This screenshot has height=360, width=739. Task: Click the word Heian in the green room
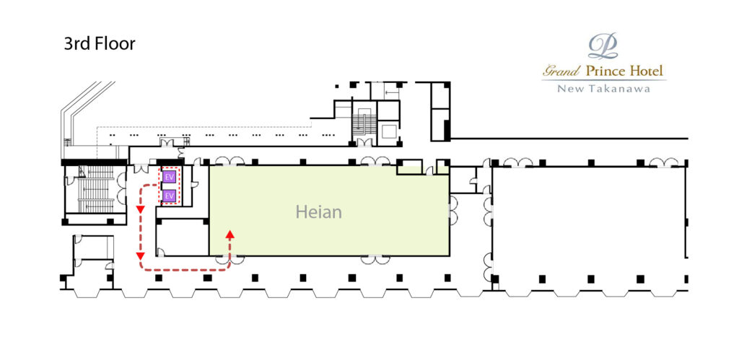tap(318, 212)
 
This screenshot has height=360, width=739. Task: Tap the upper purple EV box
tap(169, 177)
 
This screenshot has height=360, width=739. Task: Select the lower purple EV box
tap(169, 195)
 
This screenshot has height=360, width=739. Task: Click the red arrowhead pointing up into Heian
tap(230, 234)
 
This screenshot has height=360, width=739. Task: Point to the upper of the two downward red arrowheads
tap(140, 209)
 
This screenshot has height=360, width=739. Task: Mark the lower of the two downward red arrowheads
tap(140, 256)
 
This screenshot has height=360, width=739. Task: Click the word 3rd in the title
tap(76, 44)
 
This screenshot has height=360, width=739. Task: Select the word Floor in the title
tap(115, 44)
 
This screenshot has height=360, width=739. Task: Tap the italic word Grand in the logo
tap(561, 72)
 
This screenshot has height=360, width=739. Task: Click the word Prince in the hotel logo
tap(606, 71)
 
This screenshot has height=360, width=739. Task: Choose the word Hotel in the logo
tap(647, 71)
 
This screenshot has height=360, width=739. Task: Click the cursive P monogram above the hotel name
tap(603, 46)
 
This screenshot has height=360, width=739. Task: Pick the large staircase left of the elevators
tap(95, 190)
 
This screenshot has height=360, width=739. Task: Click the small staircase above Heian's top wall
tap(364, 123)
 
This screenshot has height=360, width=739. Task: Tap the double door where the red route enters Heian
tap(230, 259)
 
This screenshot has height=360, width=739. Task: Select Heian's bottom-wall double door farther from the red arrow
tap(375, 259)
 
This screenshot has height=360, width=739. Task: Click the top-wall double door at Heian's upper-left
tap(229, 161)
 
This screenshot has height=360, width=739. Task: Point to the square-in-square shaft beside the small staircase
tap(389, 131)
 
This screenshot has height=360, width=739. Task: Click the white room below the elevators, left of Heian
tap(183, 237)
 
